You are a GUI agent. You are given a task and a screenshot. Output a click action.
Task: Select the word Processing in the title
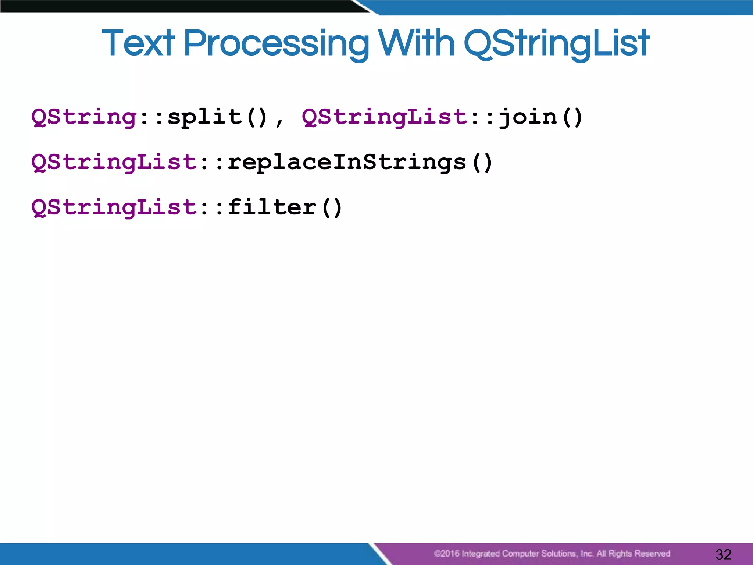tap(276, 44)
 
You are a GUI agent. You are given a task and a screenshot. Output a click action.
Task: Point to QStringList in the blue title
tap(557, 44)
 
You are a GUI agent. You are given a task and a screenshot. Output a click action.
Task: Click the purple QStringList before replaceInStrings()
tap(114, 163)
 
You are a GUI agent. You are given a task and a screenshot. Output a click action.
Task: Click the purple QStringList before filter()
tap(114, 208)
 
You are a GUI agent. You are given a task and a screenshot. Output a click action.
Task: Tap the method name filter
tap(272, 207)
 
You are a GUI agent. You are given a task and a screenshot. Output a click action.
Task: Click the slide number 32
tap(723, 554)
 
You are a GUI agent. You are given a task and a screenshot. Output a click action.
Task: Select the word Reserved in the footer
tap(652, 554)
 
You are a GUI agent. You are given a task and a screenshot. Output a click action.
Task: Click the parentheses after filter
tap(332, 208)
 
